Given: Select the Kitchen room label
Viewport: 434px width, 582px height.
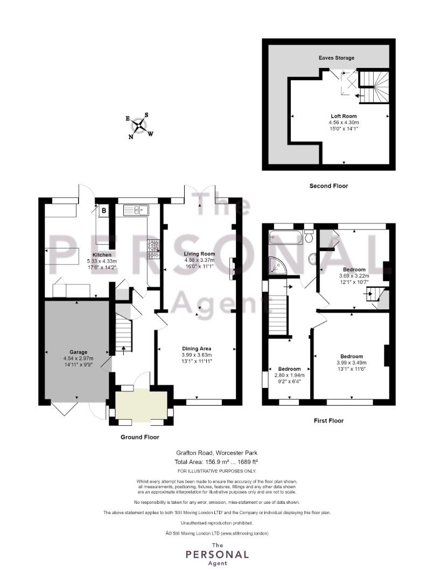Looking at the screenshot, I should pos(102,255).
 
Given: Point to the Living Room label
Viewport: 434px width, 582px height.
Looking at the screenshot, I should pos(199,254).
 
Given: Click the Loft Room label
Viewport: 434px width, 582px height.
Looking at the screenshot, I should pos(344,116).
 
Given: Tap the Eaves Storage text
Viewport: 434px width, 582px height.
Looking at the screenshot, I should pos(335,58).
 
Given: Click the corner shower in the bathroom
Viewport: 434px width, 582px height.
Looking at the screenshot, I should pos(278,265).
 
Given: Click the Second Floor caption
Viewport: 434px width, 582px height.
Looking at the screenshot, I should pos(328,186).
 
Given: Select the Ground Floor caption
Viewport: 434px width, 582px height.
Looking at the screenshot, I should pos(139,437).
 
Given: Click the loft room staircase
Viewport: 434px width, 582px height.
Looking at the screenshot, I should pos(374,86).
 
